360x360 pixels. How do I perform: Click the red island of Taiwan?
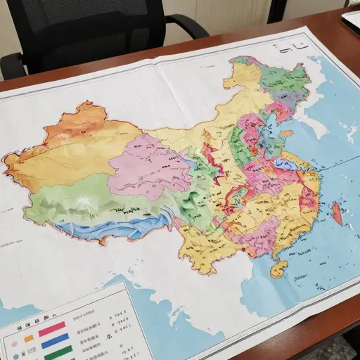click(x=337, y=212)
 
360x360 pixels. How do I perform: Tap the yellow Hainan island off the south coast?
click(x=279, y=268)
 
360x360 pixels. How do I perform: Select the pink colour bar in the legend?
click(x=52, y=328)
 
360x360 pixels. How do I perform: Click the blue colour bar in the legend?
click(x=54, y=342)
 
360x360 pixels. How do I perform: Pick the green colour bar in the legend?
click(x=58, y=354)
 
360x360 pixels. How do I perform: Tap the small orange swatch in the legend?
click(x=29, y=338)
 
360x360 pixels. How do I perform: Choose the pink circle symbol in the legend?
click(x=15, y=344)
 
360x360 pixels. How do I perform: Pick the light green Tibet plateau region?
click(x=77, y=200)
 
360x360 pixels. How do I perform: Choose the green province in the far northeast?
click(x=285, y=77)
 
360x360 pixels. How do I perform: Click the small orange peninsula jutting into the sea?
click(x=286, y=132)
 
